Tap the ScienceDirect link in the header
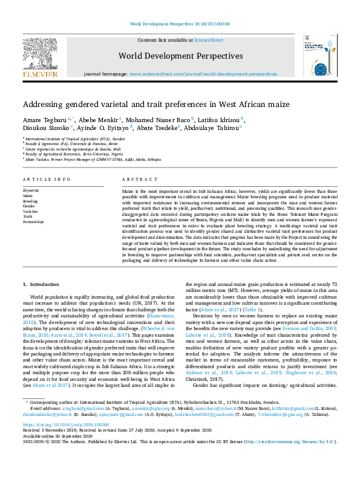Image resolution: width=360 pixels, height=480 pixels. (208, 39)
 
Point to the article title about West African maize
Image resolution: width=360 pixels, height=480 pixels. (156, 104)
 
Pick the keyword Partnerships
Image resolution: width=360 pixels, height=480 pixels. (33, 222)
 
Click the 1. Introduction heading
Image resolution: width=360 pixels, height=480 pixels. (41, 284)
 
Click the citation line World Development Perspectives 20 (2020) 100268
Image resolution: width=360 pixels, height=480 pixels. (179, 24)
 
